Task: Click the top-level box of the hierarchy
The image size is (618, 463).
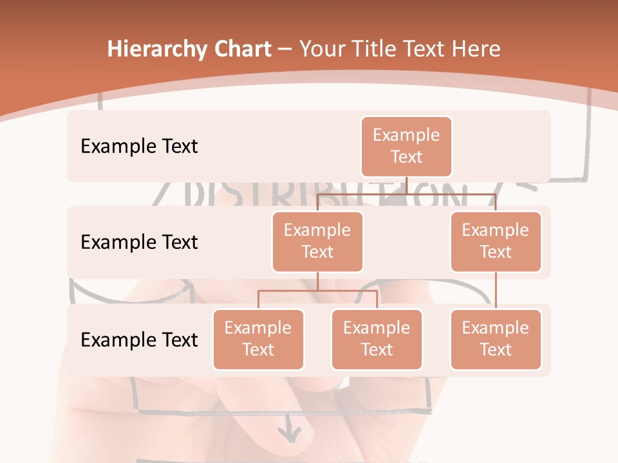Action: point(406,146)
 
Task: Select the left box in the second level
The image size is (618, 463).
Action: point(317,241)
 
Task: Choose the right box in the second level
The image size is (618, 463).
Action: point(496,241)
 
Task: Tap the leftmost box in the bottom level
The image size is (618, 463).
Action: point(258,339)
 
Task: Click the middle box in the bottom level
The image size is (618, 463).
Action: point(377,339)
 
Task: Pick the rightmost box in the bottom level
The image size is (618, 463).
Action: point(496,339)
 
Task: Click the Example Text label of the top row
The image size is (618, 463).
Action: point(139,146)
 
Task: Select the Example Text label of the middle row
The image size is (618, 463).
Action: point(139,242)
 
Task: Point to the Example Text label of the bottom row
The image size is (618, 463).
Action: point(139,340)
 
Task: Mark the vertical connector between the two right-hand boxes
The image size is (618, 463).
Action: point(496,290)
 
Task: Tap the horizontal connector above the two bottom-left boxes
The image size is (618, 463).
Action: point(317,291)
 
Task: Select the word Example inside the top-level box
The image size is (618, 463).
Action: point(406,135)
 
